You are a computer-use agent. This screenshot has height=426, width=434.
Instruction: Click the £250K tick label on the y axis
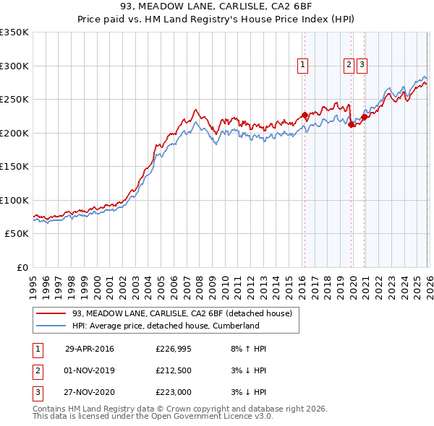pyautogui.click(x=14, y=100)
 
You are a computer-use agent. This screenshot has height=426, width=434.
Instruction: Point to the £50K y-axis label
pyautogui.click(x=17, y=234)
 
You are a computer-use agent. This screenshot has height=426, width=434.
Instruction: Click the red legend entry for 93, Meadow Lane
pyautogui.click(x=181, y=313)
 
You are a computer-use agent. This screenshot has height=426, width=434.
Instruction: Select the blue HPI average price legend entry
pyautogui.click(x=165, y=326)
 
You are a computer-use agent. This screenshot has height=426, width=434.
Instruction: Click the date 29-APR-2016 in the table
pyautogui.click(x=89, y=349)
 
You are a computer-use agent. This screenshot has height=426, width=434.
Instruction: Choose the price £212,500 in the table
pyautogui.click(x=173, y=371)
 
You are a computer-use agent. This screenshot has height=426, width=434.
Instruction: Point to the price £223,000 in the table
pyautogui.click(x=173, y=394)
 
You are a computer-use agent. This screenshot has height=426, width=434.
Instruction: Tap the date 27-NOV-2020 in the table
pyautogui.click(x=89, y=394)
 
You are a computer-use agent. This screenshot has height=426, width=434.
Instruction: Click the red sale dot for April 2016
pyautogui.click(x=305, y=115)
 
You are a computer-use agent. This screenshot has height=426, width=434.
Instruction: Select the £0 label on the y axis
pyautogui.click(x=23, y=268)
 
